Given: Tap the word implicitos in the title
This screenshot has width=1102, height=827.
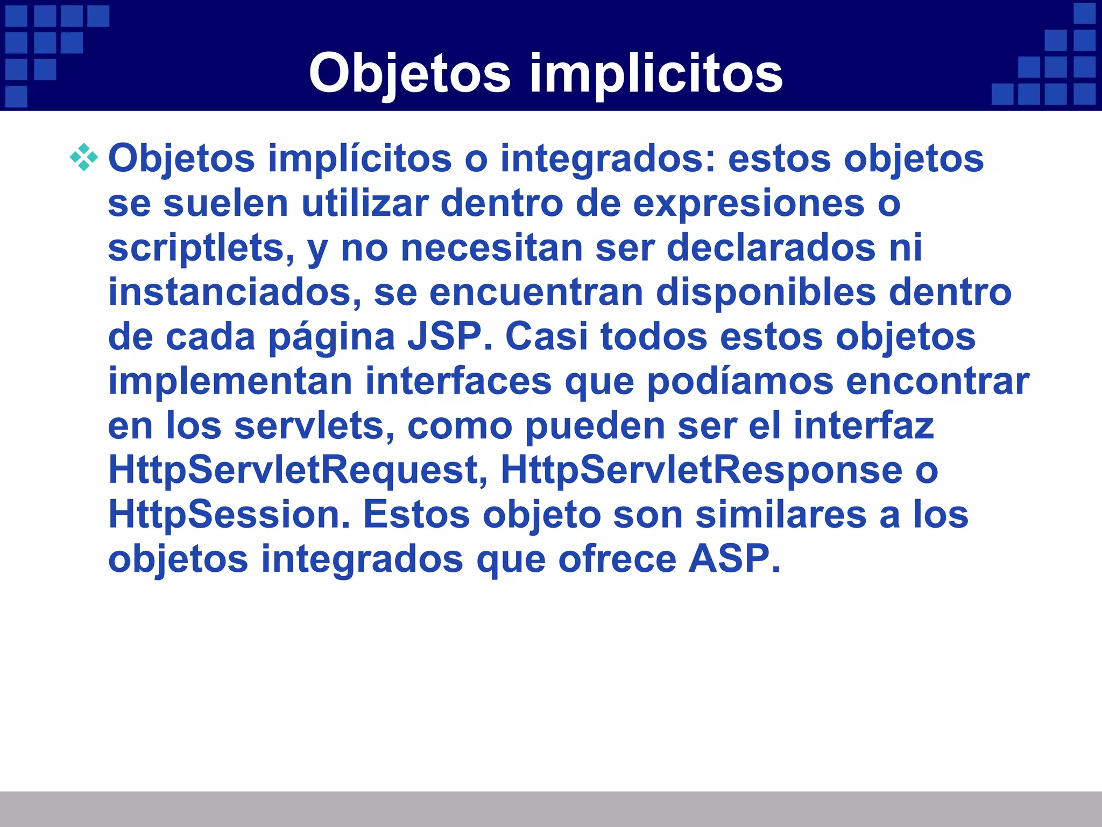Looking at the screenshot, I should coord(656,74).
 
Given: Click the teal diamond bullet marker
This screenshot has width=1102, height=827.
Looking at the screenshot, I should coord(84,158).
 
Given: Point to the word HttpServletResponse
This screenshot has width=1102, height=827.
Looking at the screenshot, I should coord(701,470).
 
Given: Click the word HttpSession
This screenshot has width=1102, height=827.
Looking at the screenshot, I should coord(229,514).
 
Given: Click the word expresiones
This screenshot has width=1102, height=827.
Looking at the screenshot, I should coord(748,204).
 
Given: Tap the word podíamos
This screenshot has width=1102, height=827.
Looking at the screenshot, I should coord(739,381).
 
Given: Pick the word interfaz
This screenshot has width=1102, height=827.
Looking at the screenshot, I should coord(863,425).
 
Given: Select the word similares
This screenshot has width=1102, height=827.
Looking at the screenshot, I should coord(780,514).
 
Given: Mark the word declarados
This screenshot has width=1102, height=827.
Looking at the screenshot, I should coord(771,248).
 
